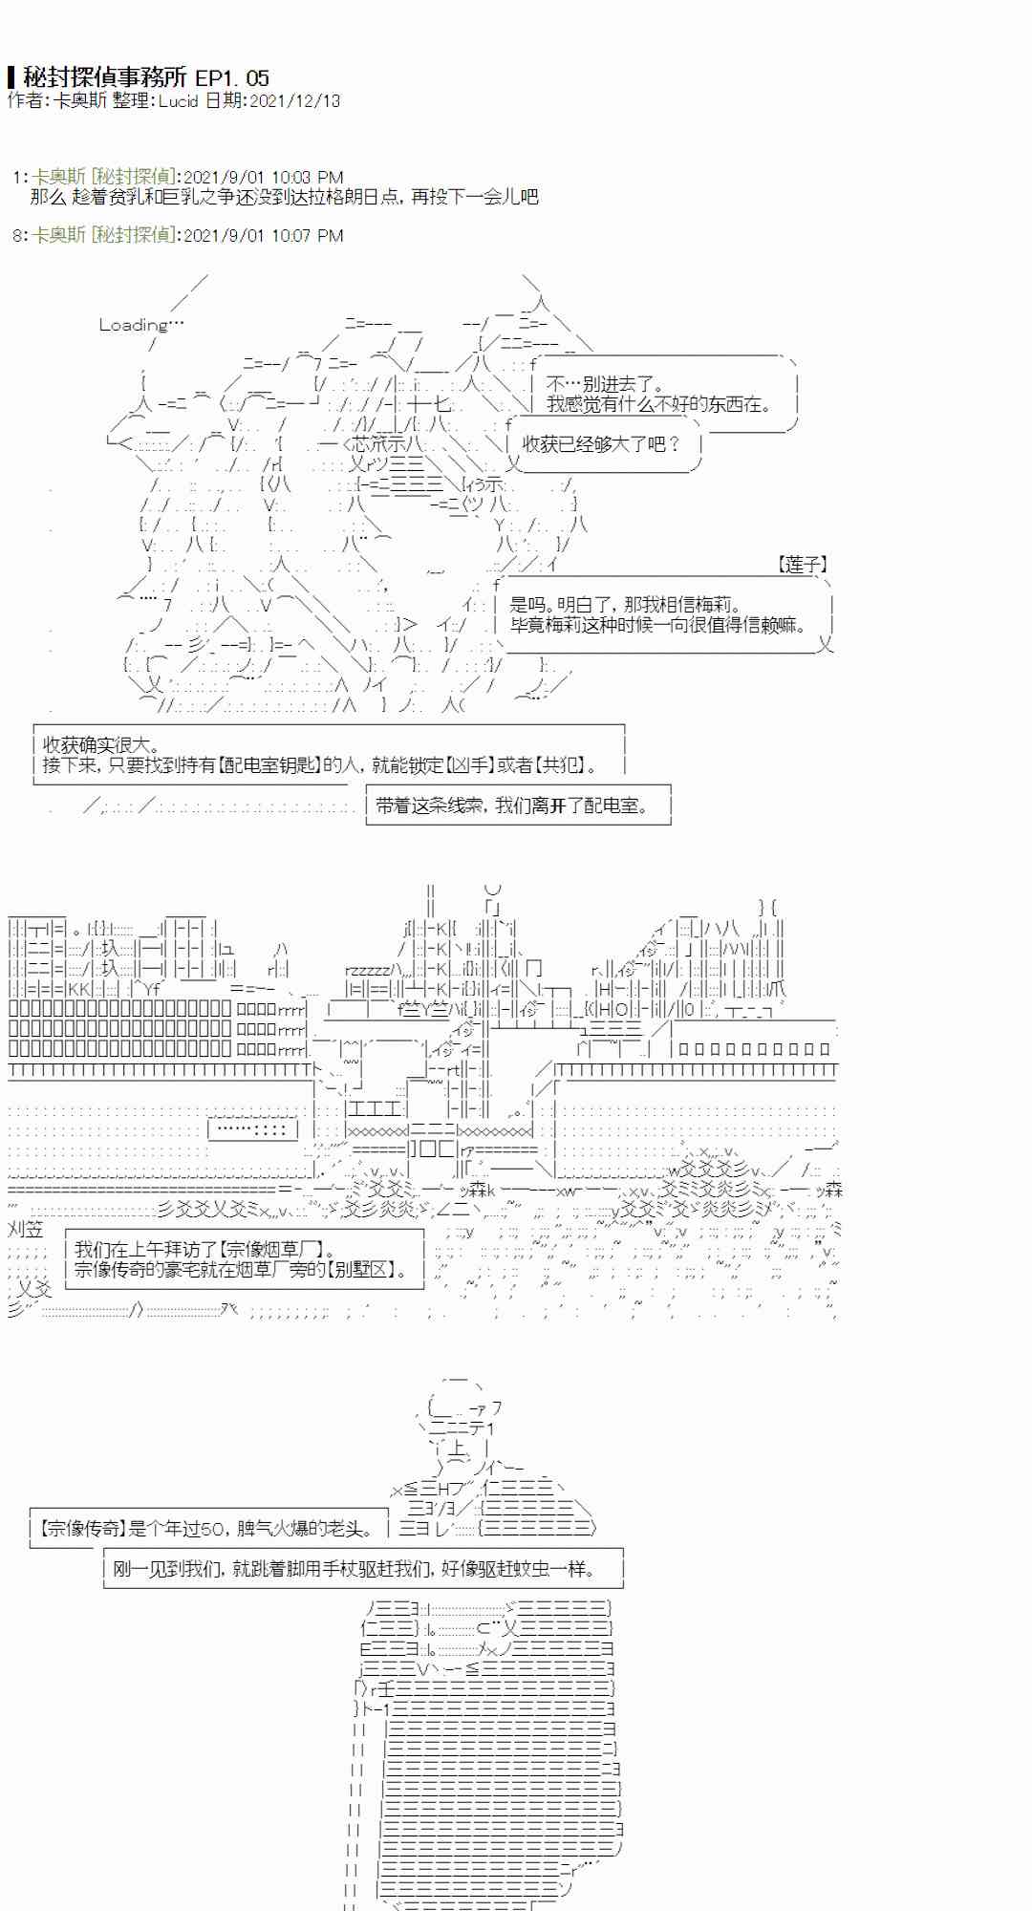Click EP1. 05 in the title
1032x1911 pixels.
(x=232, y=77)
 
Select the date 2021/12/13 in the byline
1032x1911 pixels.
(x=293, y=100)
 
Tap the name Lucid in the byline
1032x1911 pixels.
(x=178, y=100)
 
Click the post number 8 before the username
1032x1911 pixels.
(x=17, y=235)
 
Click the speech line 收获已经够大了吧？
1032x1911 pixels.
(x=602, y=443)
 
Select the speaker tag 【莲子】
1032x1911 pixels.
(x=802, y=566)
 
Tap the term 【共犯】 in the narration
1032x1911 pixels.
(x=558, y=765)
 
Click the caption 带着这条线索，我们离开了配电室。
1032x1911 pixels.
(x=513, y=805)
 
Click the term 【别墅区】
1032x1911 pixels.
(x=366, y=1270)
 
